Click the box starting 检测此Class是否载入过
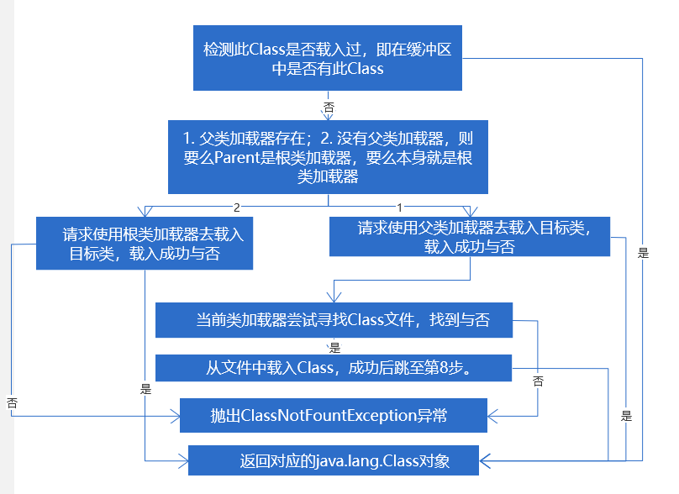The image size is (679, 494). [x=328, y=59]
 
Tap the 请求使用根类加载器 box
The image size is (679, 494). [x=145, y=244]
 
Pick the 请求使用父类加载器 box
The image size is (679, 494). [x=470, y=237]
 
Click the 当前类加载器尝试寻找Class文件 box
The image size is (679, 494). [x=334, y=320]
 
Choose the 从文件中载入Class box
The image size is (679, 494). [x=334, y=367]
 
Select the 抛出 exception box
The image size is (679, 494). [x=333, y=416]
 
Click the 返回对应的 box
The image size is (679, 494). [x=333, y=460]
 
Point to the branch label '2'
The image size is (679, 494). [x=237, y=207]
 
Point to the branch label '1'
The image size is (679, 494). [x=400, y=207]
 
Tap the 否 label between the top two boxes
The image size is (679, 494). [x=329, y=108]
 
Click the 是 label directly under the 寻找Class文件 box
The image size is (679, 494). [x=334, y=347]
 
